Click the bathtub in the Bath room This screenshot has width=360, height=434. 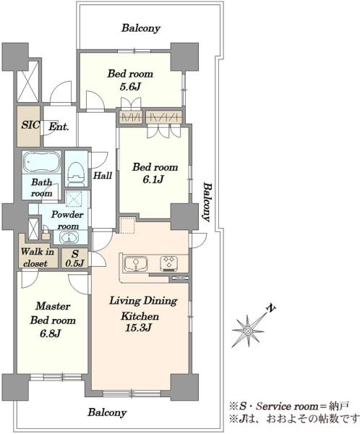click(41, 162)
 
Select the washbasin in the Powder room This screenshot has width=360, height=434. click(69, 238)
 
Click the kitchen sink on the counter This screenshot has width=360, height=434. click(136, 264)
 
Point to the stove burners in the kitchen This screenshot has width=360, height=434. click(168, 263)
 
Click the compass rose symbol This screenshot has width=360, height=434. click(248, 331)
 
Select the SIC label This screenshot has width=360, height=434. click(30, 125)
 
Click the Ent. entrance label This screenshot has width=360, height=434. click(59, 127)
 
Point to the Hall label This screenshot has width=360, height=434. click(103, 176)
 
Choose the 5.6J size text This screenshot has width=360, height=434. click(130, 87)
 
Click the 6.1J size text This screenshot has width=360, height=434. click(153, 179)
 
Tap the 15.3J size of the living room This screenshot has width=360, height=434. click(138, 328)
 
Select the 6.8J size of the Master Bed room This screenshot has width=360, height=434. click(50, 333)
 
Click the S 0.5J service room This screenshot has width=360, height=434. click(74, 258)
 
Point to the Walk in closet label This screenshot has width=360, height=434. click(38, 258)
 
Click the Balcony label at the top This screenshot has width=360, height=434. click(141, 28)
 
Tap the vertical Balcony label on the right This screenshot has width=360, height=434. click(207, 202)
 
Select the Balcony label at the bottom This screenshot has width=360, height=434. click(108, 412)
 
